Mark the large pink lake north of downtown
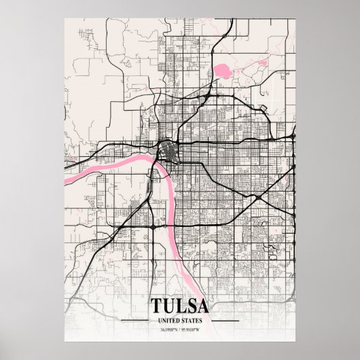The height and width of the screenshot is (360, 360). pos(222,69)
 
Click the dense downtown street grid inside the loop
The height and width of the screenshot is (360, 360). pos(167,149)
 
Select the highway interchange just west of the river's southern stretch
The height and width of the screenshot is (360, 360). pos(154,222)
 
